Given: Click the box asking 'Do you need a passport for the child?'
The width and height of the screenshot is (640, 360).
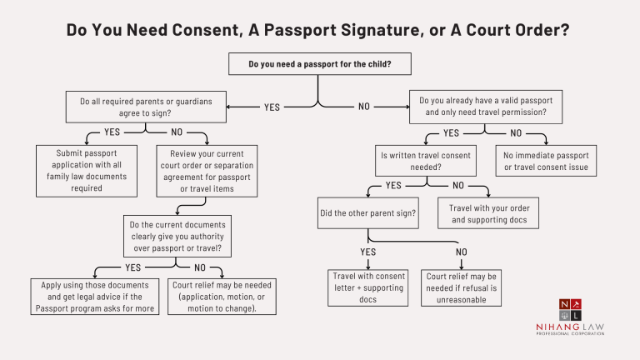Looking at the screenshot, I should [319, 63].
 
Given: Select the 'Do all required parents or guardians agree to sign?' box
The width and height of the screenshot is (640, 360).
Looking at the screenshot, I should [146, 107].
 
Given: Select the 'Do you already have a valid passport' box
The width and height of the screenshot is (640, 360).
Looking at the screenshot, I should [487, 106].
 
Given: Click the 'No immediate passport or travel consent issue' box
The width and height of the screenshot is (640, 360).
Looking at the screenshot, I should [546, 161].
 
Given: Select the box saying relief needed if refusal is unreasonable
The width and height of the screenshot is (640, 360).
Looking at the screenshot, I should [462, 287].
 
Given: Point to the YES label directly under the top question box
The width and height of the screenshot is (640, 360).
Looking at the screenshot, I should [272, 107].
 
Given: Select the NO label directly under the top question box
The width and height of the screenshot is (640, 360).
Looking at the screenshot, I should [364, 107].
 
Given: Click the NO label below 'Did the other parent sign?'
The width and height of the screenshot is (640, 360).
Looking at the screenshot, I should [462, 252].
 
